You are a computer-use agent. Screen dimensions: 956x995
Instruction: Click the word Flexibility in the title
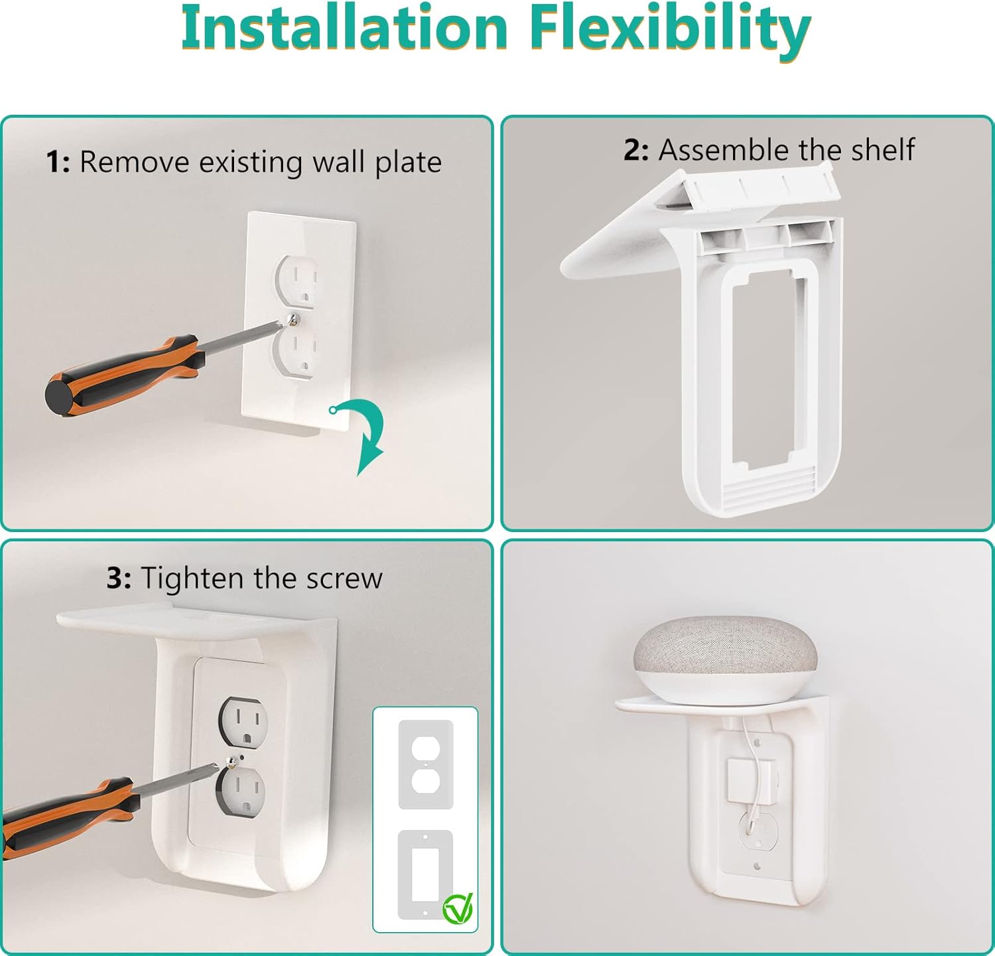pos(670,28)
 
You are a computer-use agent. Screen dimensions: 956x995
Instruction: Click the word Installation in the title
pos(344,28)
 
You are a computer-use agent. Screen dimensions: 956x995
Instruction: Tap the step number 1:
pos(58,162)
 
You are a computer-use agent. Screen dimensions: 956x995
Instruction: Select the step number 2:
pos(635,150)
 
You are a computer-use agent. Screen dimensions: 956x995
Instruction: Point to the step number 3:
pos(119,579)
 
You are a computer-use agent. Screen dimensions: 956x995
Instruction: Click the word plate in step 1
pos(408,163)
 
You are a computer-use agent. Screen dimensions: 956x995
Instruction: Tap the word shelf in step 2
pos(883,150)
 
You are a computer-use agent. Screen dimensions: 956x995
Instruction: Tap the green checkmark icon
pos(458,908)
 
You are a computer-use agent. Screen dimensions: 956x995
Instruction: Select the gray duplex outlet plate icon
pos(425,764)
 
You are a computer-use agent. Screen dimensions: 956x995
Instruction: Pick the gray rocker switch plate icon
pos(425,874)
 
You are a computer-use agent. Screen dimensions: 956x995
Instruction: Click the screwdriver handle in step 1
pos(119,376)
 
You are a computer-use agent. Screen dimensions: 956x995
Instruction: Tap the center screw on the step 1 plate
pos(294,320)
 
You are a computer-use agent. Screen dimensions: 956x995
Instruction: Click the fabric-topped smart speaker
pos(724,653)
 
